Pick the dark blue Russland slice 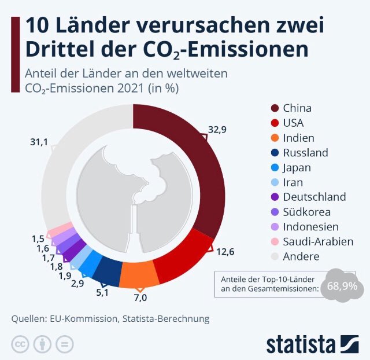pos(108,269)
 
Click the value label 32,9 pos(217,130)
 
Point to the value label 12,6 pos(225,252)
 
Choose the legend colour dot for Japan pos(275,168)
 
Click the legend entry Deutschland pos(314,197)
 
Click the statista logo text pos(301,343)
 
